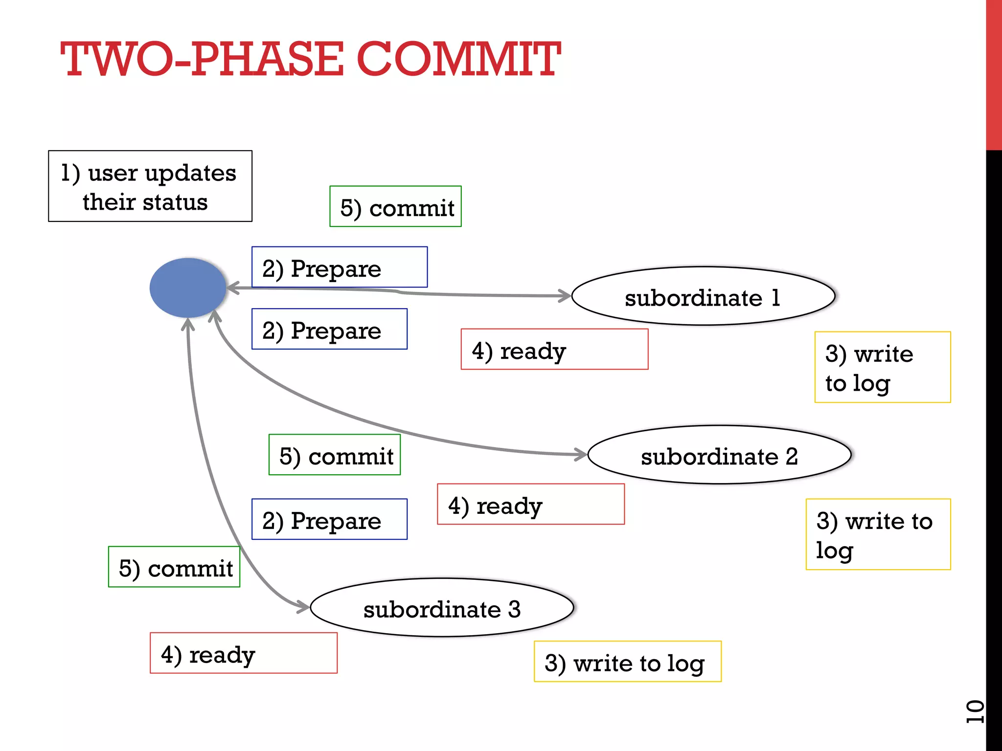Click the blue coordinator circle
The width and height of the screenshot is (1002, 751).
coord(188,288)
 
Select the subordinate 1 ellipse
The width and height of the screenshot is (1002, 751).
coord(703,296)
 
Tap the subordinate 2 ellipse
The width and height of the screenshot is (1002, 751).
coord(719,455)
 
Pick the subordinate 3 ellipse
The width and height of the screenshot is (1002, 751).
coord(442,608)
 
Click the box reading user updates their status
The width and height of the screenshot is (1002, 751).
coord(150,186)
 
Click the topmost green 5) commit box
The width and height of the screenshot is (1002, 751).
coord(395,206)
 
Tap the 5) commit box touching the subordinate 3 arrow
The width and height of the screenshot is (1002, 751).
coord(174,567)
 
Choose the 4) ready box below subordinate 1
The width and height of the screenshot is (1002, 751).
coord(554,350)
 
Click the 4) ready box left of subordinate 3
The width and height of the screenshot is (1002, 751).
coord(243,653)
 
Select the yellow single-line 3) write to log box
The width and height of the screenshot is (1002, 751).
coord(627,662)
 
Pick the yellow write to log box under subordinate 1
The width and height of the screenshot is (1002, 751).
coord(882,367)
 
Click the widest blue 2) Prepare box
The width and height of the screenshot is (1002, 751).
coord(339,267)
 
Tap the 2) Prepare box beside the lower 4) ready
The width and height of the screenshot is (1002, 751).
coord(329,519)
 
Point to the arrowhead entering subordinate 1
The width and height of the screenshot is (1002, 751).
coord(567,296)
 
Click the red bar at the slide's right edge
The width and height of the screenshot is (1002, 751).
coord(994,73)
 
